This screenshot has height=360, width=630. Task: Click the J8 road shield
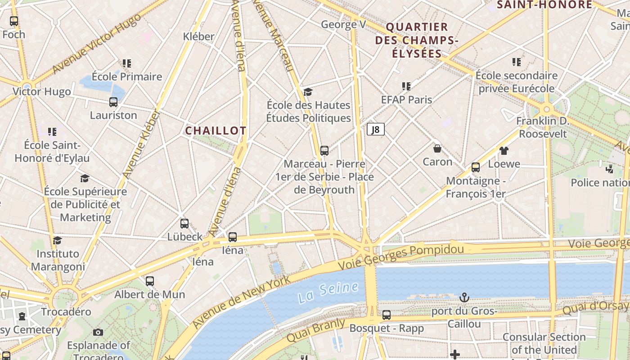376,130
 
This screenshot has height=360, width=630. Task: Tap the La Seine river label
328,292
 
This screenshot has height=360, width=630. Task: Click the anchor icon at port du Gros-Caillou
464,297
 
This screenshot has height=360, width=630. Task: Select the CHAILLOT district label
216,130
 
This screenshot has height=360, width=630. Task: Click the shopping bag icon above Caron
437,148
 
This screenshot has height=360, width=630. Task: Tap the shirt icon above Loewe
504,151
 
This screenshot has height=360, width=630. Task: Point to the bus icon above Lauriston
113,102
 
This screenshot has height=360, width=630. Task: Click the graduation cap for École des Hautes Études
308,92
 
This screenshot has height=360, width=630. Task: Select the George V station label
343,24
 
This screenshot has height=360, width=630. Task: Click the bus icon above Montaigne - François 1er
476,167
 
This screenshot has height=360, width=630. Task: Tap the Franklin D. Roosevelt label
543,127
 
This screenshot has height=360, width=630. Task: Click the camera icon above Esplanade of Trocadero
98,333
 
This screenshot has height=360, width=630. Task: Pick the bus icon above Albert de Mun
150,281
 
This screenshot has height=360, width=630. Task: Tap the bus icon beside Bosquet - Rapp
387,315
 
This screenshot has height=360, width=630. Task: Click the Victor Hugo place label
41,92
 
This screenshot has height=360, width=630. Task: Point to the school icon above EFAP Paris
406,86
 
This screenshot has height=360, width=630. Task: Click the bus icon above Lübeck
184,224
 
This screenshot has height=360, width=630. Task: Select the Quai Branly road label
316,330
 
